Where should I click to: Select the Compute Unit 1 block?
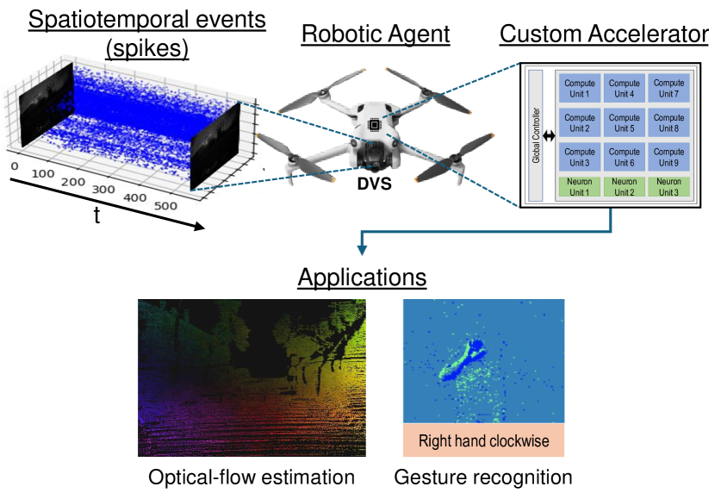579,88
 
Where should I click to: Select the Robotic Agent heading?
376,34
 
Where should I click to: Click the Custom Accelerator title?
604,34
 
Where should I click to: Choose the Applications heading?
362,278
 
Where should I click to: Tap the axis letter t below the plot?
96,215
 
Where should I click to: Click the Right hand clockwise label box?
482,441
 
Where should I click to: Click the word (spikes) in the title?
146,49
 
